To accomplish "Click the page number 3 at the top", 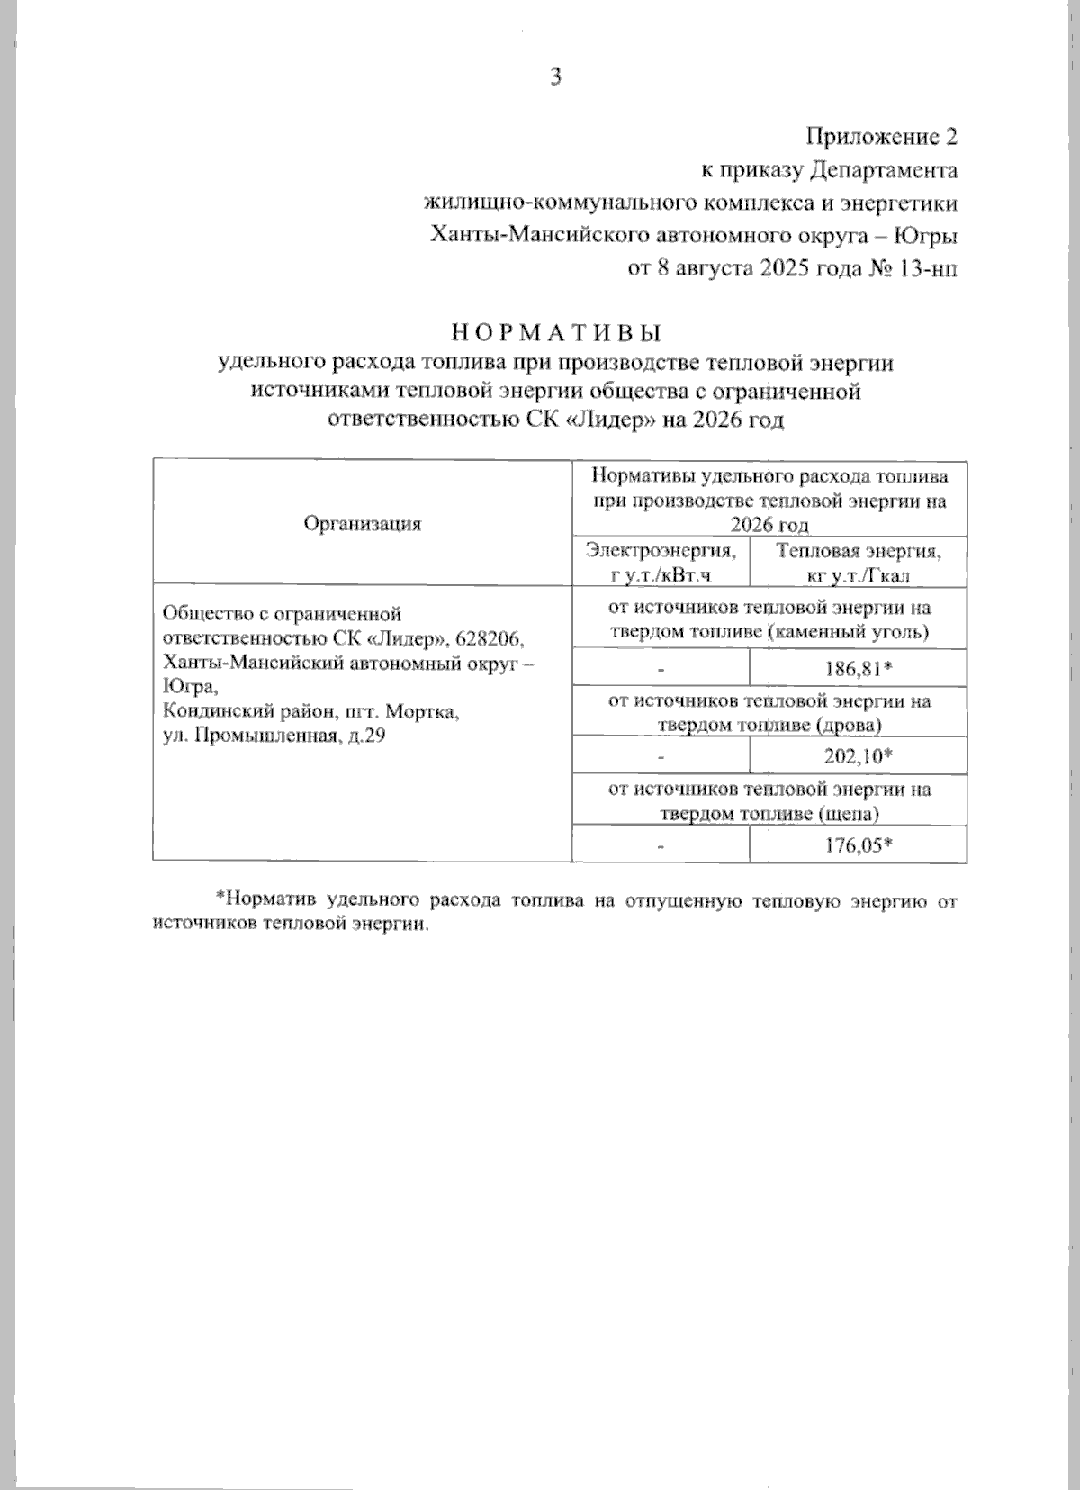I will (556, 78).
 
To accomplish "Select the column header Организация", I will (363, 523).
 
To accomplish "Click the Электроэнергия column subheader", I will (660, 550).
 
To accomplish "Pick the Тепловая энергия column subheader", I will (858, 550).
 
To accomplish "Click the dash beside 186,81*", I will (660, 670).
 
